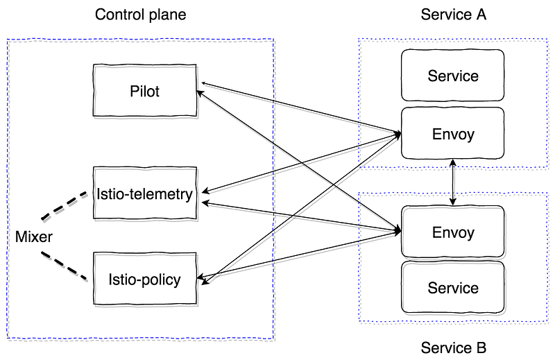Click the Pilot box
pos(145,90)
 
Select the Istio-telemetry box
pos(145,194)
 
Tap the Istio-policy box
pos(145,279)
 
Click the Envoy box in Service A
pos(453,133)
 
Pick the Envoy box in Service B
pos(453,232)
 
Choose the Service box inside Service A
pos(453,75)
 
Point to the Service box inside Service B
pos(453,287)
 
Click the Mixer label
pos(33,237)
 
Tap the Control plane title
pos(141,15)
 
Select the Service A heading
pos(454,15)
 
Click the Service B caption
pos(454,348)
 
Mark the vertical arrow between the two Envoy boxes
pos(453,182)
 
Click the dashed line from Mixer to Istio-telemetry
pos(65,206)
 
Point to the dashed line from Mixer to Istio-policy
pos(65,266)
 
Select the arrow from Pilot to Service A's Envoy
pos(301,108)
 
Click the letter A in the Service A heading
pos(481,15)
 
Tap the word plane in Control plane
pos(167,15)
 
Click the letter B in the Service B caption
pos(481,348)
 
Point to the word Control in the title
pos(119,15)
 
